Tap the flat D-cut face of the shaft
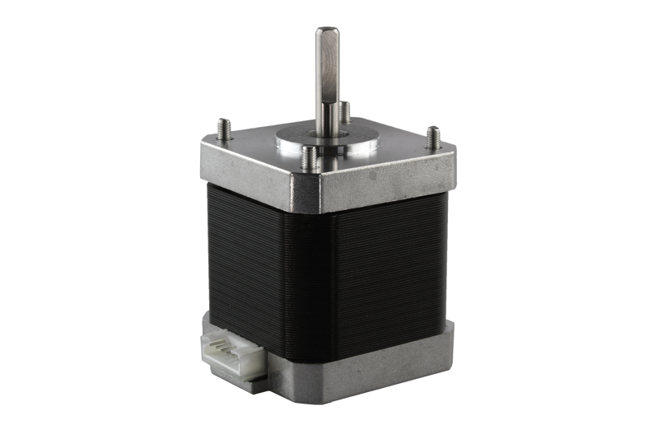327,66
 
